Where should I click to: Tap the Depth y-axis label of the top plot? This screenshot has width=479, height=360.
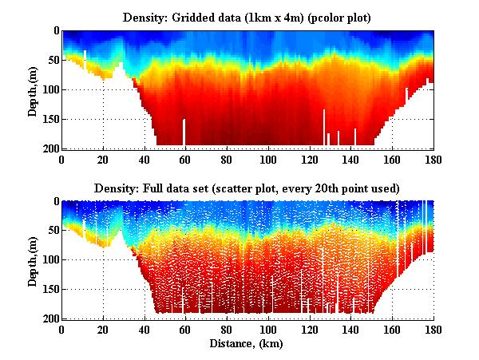pos(33,89)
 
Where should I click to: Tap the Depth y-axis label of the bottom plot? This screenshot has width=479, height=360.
pos(33,260)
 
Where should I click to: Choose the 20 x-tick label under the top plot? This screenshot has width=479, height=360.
pos(104,159)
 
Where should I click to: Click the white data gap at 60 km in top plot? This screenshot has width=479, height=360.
pos(184,133)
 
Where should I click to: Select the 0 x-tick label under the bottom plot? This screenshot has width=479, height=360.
pos(62,330)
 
